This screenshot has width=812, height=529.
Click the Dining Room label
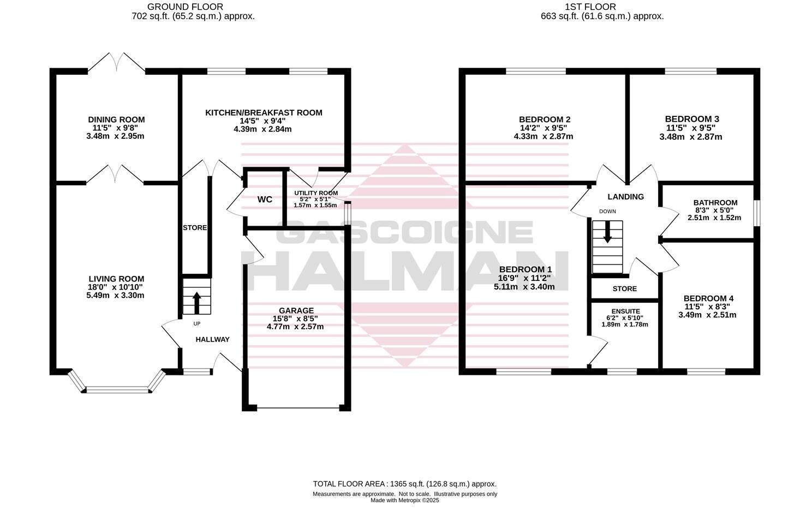click(x=116, y=120)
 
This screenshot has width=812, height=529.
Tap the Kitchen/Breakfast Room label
click(x=264, y=113)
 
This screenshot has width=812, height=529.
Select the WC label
click(x=265, y=199)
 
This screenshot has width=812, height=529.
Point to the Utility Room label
click(x=316, y=193)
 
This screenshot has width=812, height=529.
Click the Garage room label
click(x=296, y=310)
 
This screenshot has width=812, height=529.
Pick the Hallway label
click(x=213, y=339)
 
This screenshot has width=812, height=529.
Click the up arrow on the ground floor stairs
click(x=196, y=303)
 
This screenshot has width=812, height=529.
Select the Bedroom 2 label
click(x=545, y=119)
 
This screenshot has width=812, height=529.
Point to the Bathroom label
click(x=715, y=203)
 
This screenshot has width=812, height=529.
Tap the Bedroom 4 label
click(x=708, y=298)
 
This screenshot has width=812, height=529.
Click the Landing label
click(x=626, y=197)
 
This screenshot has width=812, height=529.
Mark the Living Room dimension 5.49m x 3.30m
click(x=115, y=296)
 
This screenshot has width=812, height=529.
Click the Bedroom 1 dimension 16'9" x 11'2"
click(x=524, y=278)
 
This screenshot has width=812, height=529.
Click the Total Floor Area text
click(x=404, y=484)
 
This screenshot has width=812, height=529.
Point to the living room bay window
click(x=117, y=389)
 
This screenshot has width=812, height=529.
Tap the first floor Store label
click(x=625, y=289)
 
